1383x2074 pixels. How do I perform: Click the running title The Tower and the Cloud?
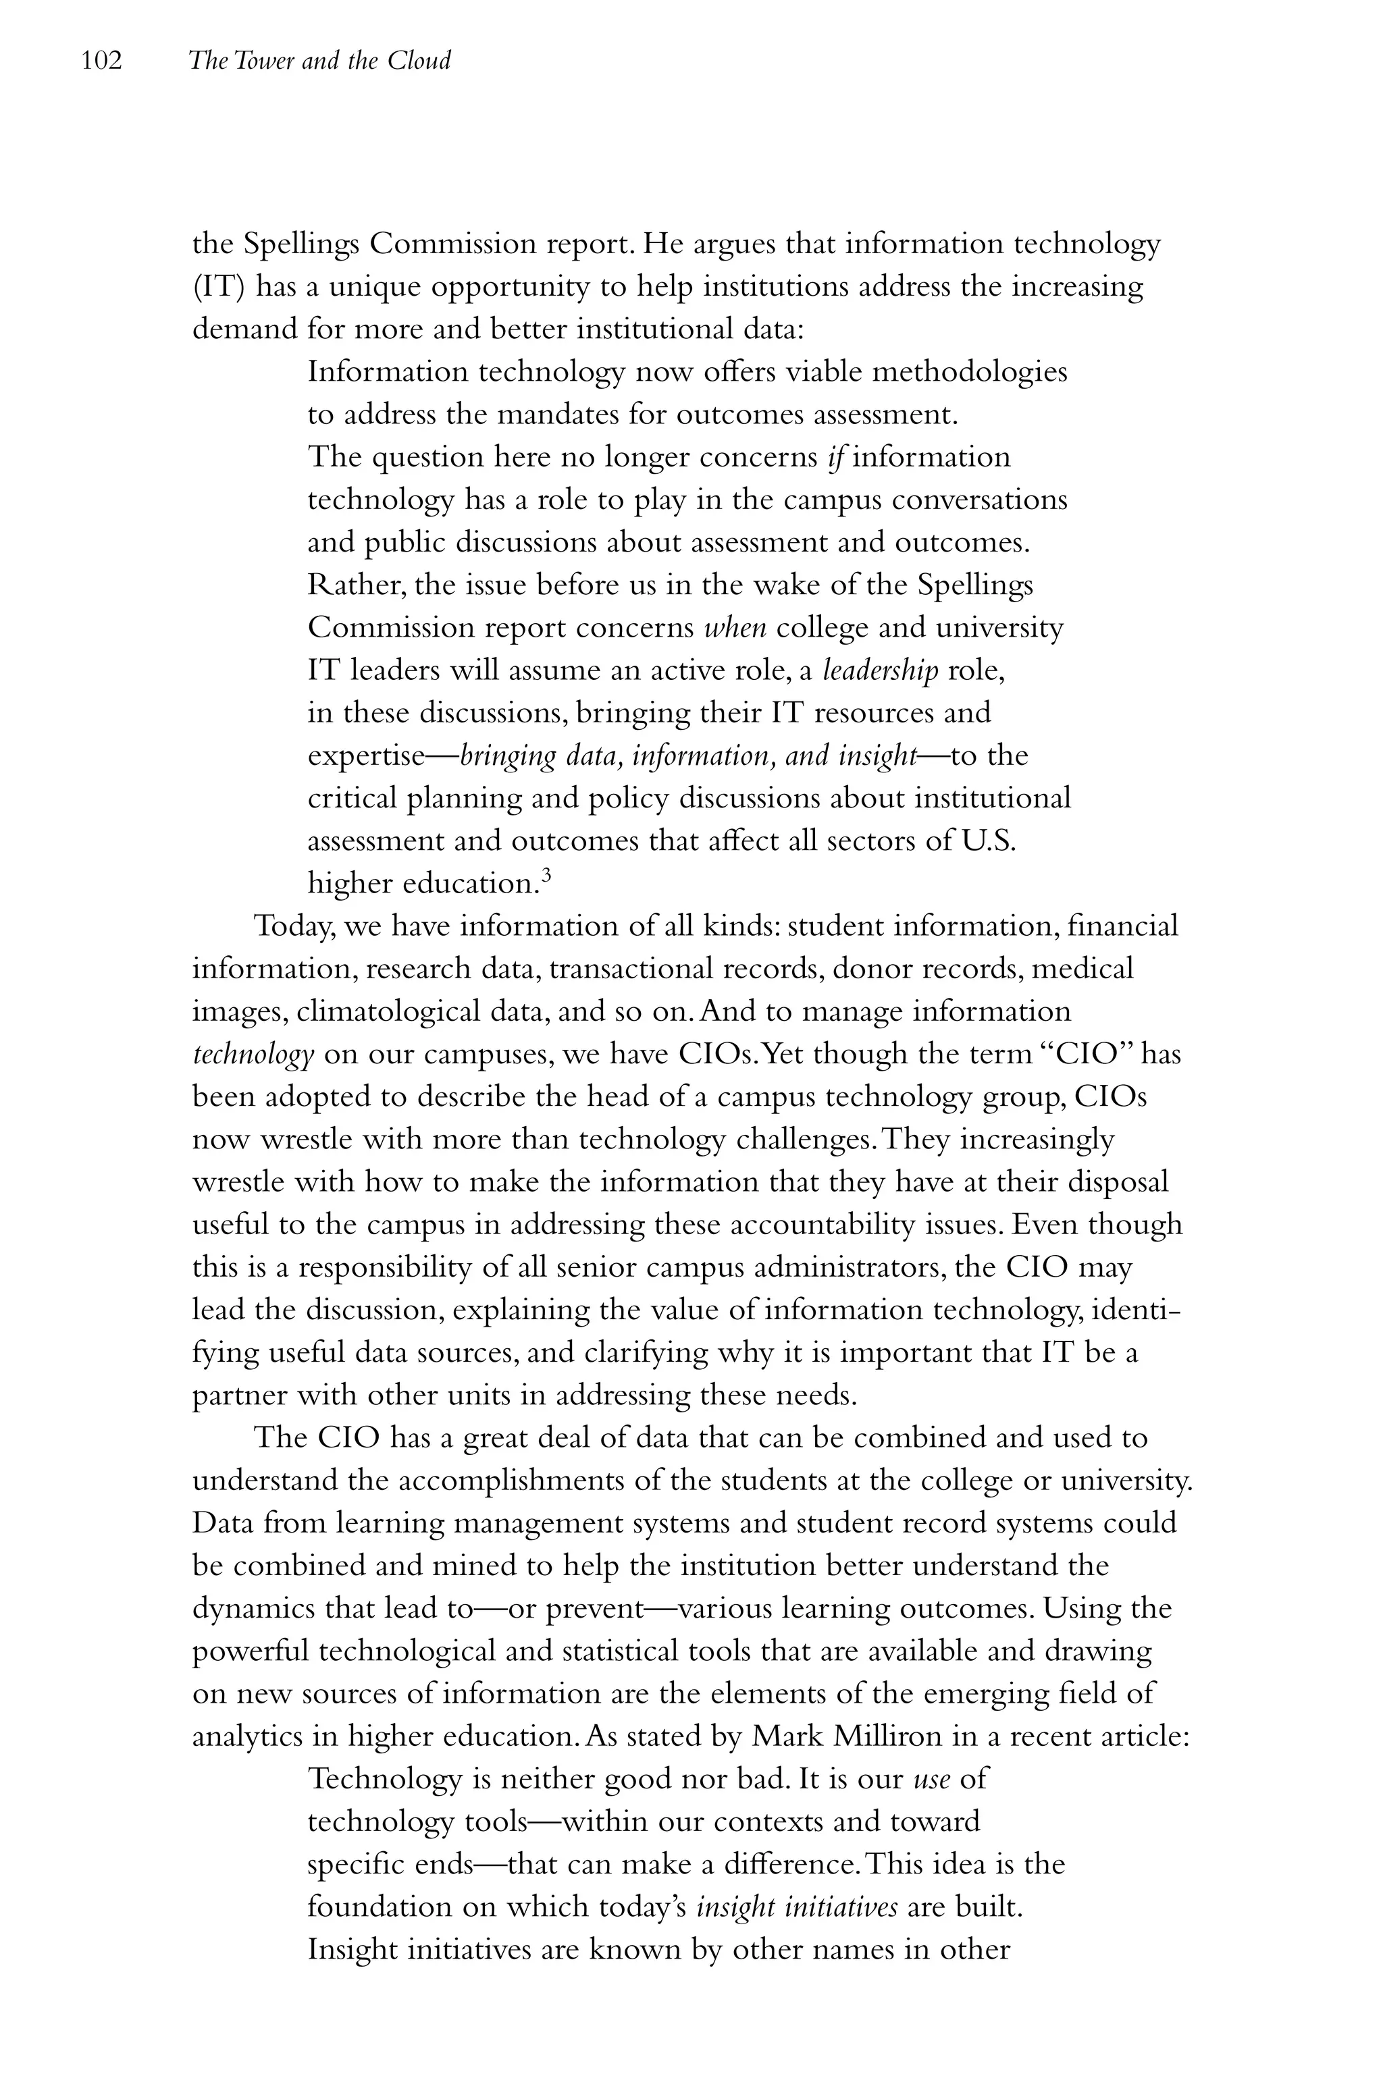click(x=319, y=61)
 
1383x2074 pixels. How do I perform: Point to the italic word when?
click(x=735, y=628)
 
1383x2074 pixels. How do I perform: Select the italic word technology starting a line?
click(x=253, y=1055)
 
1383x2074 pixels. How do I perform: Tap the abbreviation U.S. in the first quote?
click(x=988, y=841)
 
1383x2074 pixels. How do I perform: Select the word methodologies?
click(x=968, y=372)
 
